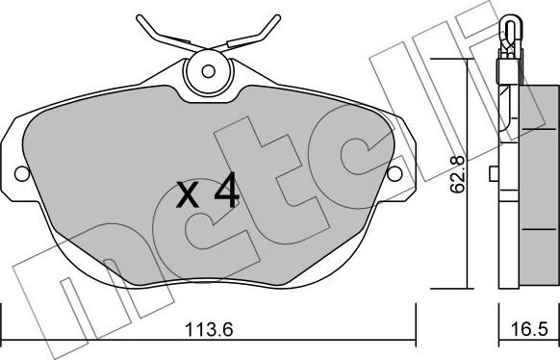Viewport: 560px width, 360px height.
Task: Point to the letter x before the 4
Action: [x=191, y=197]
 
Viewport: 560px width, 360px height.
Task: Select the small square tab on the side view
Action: [x=493, y=174]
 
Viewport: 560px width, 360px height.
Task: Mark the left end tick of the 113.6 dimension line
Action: [x=2, y=317]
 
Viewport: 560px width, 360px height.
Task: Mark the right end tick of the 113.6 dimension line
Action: [x=416, y=317]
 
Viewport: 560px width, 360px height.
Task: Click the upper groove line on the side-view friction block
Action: [x=530, y=124]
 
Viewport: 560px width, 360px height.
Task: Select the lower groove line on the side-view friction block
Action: [x=530, y=231]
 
